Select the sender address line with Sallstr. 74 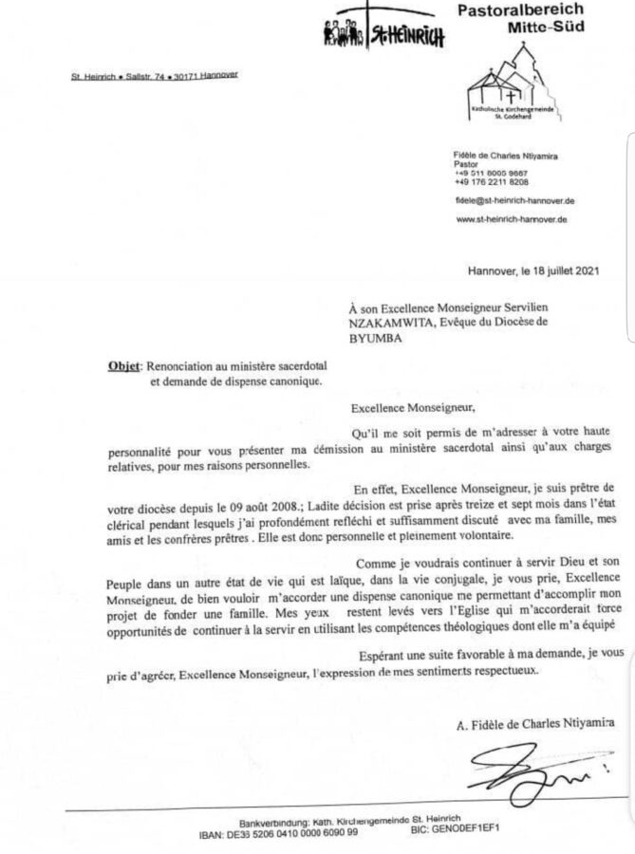click(154, 75)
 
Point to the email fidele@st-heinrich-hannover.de click(514, 201)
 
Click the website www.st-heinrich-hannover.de click(511, 219)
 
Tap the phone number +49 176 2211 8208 click(492, 182)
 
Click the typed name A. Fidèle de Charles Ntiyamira click(534, 724)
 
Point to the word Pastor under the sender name click(466, 163)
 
